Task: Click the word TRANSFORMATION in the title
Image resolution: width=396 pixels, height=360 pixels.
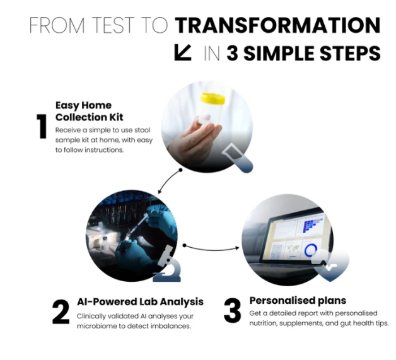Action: coord(277,25)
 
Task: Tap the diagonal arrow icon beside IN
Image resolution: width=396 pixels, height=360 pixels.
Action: coord(183,53)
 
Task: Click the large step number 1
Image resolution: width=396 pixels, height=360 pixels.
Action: coord(42,126)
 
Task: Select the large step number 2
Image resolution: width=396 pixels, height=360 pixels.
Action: coord(61,312)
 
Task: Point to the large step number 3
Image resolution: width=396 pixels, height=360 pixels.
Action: coord(232,311)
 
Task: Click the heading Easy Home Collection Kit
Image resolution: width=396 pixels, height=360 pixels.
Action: coord(89,111)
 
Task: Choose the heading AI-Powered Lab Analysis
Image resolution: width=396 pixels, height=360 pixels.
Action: coord(140,302)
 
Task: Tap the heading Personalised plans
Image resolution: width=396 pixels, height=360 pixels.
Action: coord(298,301)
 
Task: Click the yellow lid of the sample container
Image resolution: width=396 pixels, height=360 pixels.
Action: coord(213,98)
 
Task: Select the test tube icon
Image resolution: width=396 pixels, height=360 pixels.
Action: coord(237,158)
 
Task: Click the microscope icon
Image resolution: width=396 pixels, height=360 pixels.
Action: coord(168,264)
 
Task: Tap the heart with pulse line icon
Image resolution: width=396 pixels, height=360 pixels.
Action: coord(330,265)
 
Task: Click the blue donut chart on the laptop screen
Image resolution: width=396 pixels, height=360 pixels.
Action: coord(310,250)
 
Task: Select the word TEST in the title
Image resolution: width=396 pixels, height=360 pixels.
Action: coord(112,25)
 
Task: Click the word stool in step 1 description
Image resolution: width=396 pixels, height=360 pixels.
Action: coord(142,130)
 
